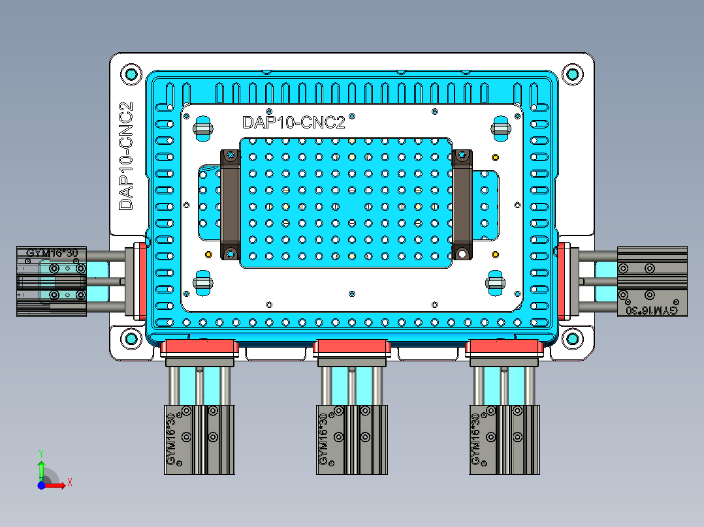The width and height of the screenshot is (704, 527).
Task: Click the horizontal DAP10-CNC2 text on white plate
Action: click(293, 123)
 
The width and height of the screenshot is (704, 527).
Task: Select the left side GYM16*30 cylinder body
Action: click(52, 281)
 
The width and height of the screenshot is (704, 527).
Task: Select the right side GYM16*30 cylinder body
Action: click(652, 281)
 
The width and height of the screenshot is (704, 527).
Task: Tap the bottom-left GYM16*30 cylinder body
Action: click(199, 439)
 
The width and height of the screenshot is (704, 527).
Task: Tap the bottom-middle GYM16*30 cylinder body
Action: click(351, 439)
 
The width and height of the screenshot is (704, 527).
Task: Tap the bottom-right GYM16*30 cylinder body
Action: click(505, 439)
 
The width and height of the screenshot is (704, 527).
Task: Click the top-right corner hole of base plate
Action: click(572, 74)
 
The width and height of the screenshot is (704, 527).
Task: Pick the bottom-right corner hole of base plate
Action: click(572, 339)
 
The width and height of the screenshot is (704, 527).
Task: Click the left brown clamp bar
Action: click(230, 204)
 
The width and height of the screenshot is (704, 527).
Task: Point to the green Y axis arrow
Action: click(41, 467)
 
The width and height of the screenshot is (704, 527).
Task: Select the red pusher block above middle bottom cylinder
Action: click(352, 348)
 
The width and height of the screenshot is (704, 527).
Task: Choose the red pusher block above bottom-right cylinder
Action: click(505, 348)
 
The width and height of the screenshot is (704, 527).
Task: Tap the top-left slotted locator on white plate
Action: click(203, 127)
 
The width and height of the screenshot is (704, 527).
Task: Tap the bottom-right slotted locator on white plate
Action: click(498, 282)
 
